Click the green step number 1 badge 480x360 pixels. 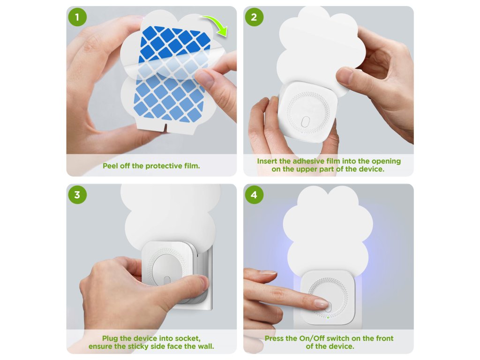click(x=77, y=17)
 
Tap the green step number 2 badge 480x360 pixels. click(x=254, y=17)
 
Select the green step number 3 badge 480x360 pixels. click(x=77, y=195)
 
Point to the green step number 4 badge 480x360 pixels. click(x=254, y=195)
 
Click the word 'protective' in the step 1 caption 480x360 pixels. click(x=164, y=166)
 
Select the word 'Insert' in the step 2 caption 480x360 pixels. click(x=267, y=161)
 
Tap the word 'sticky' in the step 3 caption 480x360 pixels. click(x=138, y=346)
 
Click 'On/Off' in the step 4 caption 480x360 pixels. click(x=312, y=338)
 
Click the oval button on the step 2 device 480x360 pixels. click(x=305, y=121)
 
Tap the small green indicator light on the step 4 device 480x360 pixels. click(x=328, y=318)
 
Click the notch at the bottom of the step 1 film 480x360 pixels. click(x=165, y=128)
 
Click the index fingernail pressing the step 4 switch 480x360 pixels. click(x=321, y=304)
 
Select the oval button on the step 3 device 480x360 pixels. click(x=167, y=281)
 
